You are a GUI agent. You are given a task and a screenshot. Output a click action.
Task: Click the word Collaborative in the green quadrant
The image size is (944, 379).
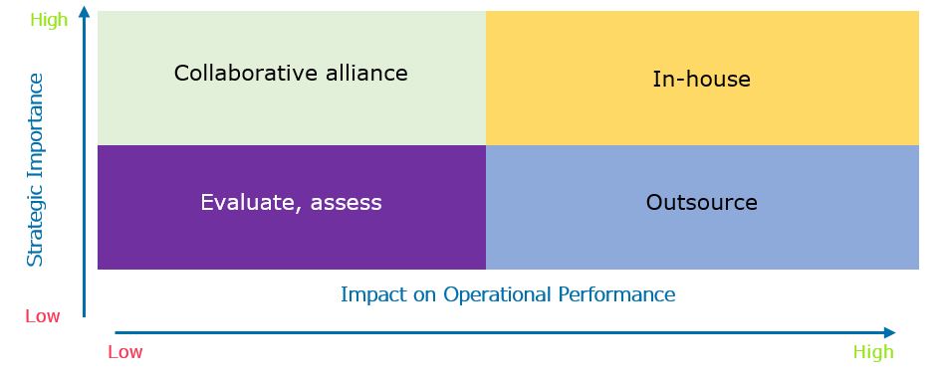point(237,73)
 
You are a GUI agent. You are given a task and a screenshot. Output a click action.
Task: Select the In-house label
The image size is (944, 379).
point(701,79)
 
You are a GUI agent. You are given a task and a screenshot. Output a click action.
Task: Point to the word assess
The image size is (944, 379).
point(347,203)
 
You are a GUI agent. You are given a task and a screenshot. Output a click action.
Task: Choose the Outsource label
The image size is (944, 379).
point(701,202)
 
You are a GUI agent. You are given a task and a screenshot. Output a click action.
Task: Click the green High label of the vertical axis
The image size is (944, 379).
point(49,21)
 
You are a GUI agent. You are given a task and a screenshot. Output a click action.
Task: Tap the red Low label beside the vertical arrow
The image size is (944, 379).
point(43,316)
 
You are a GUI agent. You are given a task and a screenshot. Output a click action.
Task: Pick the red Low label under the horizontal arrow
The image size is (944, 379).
point(125,352)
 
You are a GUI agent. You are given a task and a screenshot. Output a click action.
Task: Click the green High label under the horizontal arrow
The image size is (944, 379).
point(873,352)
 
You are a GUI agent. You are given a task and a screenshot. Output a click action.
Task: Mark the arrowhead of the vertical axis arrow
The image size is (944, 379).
point(85,11)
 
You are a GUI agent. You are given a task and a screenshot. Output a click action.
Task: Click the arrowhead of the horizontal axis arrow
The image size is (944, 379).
point(890,332)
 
